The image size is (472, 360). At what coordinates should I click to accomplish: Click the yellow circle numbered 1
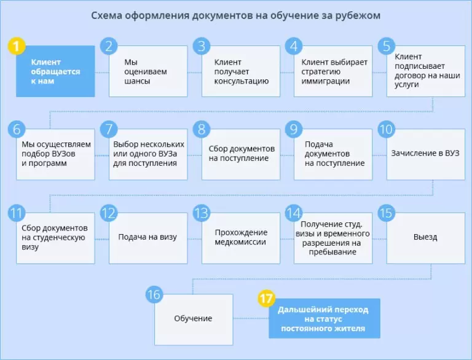[x=17, y=47]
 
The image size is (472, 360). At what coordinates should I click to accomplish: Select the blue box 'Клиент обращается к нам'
[x=55, y=71]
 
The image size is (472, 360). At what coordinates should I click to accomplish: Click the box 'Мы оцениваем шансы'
[x=148, y=71]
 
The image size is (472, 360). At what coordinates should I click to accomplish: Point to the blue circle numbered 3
[x=201, y=47]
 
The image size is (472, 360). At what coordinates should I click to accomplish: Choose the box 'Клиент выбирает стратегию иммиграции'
[x=333, y=71]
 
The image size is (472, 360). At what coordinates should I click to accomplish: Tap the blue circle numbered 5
[x=386, y=47]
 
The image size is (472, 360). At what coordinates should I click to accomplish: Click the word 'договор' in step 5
[x=409, y=75]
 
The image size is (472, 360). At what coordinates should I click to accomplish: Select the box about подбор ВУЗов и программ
[x=55, y=154]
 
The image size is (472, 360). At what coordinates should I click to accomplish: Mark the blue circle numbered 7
[x=109, y=130]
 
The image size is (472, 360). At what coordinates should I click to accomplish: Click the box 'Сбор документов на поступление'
[x=241, y=154]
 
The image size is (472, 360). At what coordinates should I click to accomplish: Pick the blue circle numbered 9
[x=294, y=130]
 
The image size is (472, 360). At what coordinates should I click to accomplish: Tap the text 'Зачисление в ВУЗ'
[x=425, y=153]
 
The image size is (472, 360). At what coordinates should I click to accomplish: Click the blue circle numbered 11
[x=17, y=213]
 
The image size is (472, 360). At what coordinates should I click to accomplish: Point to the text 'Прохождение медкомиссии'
[x=241, y=237]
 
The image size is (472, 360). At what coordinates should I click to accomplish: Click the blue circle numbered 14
[x=294, y=213]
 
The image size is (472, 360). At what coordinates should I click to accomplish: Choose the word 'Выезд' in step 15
[x=425, y=237]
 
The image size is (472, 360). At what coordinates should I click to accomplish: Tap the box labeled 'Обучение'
[x=194, y=318]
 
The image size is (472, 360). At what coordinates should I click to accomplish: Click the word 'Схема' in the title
[x=108, y=15]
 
